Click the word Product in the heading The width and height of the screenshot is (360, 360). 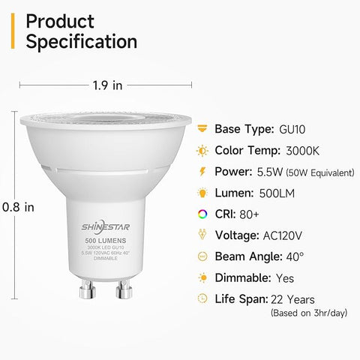click(x=60, y=21)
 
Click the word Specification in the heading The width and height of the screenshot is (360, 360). click(x=81, y=42)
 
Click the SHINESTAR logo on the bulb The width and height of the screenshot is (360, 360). click(x=105, y=224)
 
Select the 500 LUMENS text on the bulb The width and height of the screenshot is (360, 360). click(x=105, y=240)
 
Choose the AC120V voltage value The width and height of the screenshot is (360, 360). click(x=289, y=235)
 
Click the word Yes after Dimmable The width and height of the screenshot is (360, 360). click(x=285, y=277)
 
